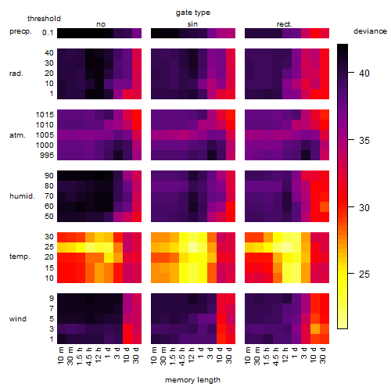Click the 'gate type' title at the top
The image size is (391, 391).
[x=193, y=13]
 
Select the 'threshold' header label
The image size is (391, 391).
[x=44, y=19]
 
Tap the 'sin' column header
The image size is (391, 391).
[x=192, y=24]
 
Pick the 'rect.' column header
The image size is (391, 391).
[x=284, y=24]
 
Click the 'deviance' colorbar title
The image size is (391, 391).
[x=370, y=31]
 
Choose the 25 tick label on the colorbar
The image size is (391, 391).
[x=364, y=274]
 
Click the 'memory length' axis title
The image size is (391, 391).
[x=192, y=380]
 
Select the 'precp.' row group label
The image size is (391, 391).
[x=20, y=31]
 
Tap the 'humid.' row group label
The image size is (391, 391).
[x=22, y=196]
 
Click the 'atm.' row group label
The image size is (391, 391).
[x=17, y=135]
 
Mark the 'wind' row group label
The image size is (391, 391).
[x=18, y=319]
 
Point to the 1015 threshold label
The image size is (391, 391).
[x=45, y=115]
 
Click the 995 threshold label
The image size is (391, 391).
[x=47, y=156]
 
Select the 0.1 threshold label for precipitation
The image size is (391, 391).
[x=48, y=33]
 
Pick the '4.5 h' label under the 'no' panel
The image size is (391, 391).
[x=88, y=357]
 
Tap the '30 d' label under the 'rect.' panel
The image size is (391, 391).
[x=323, y=355]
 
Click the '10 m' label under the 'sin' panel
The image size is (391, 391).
[x=154, y=356]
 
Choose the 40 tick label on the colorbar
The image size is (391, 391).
[x=364, y=74]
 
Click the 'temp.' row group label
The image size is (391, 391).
[x=20, y=256]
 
